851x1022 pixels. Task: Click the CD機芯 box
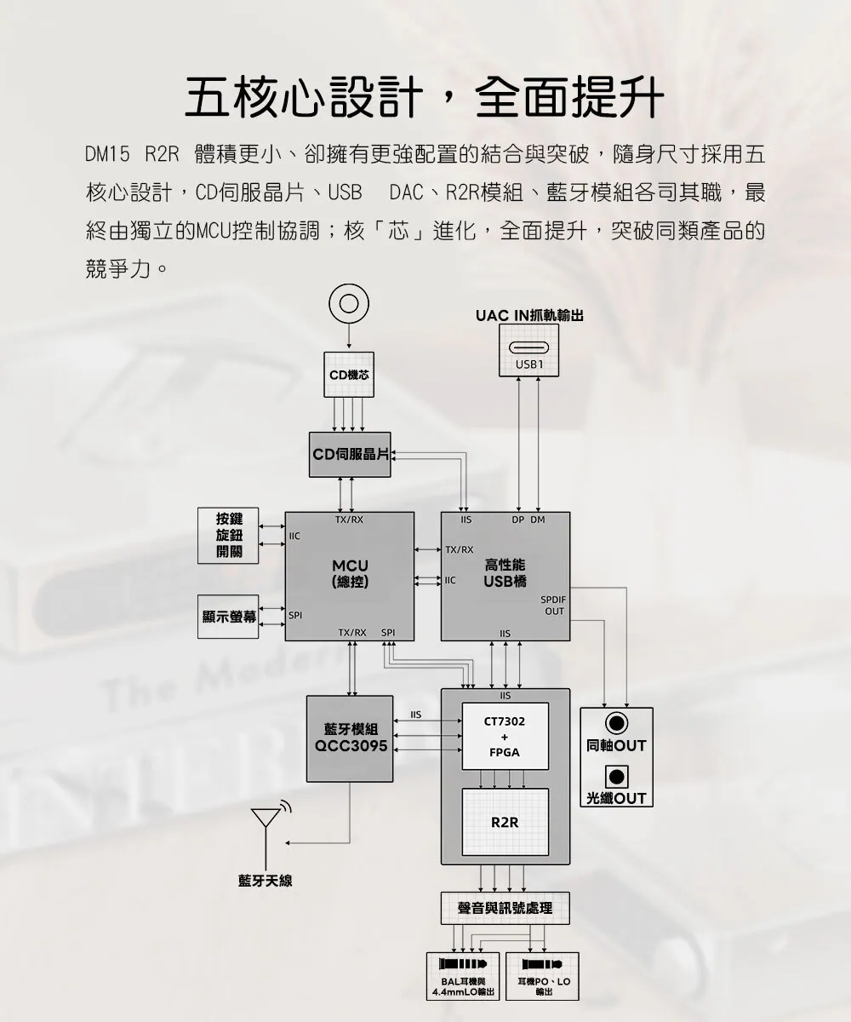pos(349,375)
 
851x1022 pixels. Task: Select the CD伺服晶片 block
pos(350,455)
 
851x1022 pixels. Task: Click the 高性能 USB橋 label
pos(505,573)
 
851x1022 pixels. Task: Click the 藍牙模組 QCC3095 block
pos(350,738)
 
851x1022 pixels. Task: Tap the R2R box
pos(505,823)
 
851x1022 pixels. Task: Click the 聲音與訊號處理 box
pos(505,909)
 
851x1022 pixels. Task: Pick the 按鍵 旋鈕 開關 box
pos(228,536)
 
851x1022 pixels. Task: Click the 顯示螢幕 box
pos(228,617)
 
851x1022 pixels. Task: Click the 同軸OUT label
pos(616,746)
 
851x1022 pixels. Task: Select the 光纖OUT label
pos(616,799)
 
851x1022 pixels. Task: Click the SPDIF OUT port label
pos(554,606)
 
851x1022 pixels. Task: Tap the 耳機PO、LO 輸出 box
pos(542,976)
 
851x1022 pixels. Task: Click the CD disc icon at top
pos(349,303)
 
